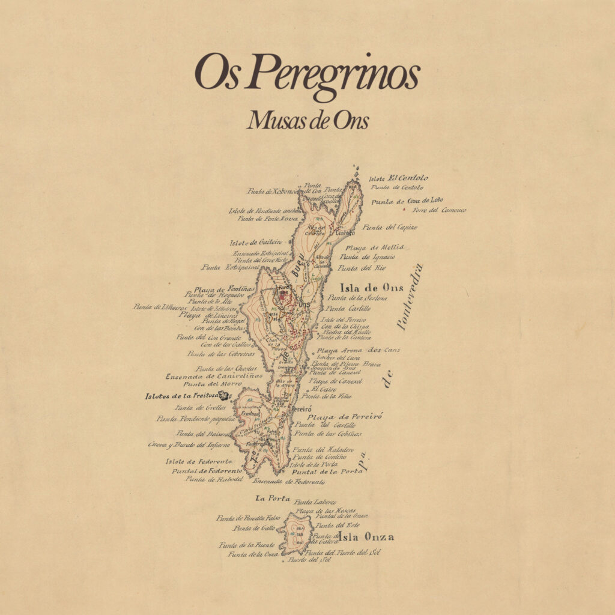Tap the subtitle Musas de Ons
[307, 121]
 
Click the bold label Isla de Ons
[372, 288]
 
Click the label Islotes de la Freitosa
[181, 396]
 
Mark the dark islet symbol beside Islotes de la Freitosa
[225, 395]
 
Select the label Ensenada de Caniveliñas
[204, 377]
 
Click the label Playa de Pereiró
[345, 416]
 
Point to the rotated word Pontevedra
[411, 297]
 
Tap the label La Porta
[273, 498]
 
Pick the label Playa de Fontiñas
[224, 289]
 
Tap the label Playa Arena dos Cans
[358, 350]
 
